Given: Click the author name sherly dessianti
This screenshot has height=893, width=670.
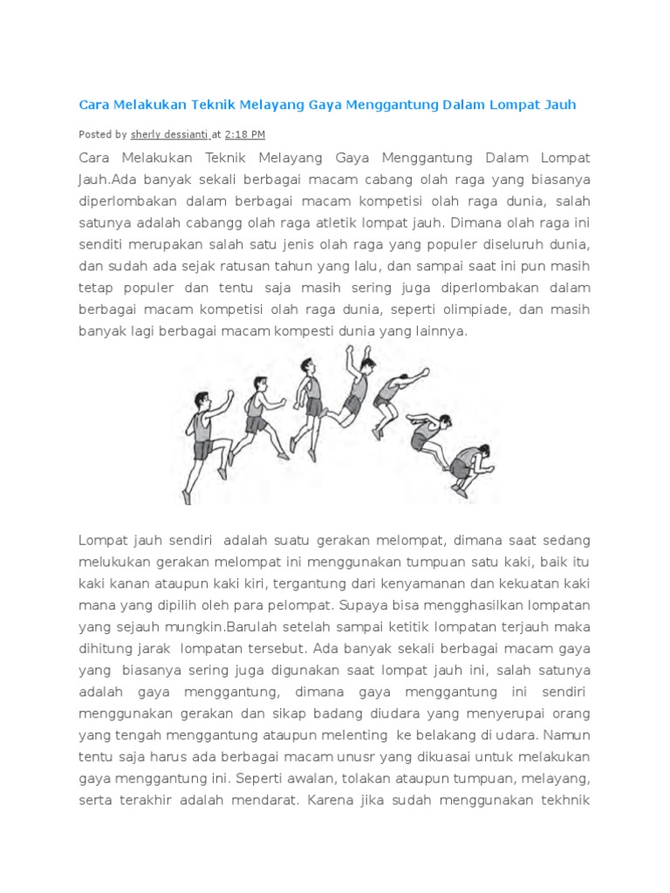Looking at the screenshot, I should pos(169,134).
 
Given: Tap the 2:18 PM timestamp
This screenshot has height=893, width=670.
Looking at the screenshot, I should pos(245,134).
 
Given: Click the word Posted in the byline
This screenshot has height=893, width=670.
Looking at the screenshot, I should pos(95,134).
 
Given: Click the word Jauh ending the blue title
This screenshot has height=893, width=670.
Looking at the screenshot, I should pos(558,105).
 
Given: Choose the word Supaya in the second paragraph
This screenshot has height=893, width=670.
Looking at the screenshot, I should pos(465,604).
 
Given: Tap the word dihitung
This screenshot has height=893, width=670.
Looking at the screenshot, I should pos(109,648).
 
